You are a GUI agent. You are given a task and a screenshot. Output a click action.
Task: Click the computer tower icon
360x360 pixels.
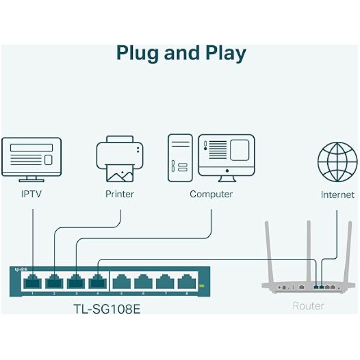[180, 157]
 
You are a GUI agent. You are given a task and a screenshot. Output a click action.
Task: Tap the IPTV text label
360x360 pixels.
[33, 194]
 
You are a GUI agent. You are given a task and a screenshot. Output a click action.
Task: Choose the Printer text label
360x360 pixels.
[120, 194]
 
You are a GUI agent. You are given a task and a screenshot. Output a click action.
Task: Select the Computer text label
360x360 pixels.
[211, 194]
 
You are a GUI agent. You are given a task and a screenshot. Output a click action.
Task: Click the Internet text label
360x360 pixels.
[337, 195]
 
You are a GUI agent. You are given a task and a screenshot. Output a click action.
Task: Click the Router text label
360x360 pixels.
[308, 306]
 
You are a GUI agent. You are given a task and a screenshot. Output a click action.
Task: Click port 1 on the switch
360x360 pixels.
[33, 282]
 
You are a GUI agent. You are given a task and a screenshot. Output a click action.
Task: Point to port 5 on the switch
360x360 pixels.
[121, 282]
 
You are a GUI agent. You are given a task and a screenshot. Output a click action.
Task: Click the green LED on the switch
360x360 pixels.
[201, 285]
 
